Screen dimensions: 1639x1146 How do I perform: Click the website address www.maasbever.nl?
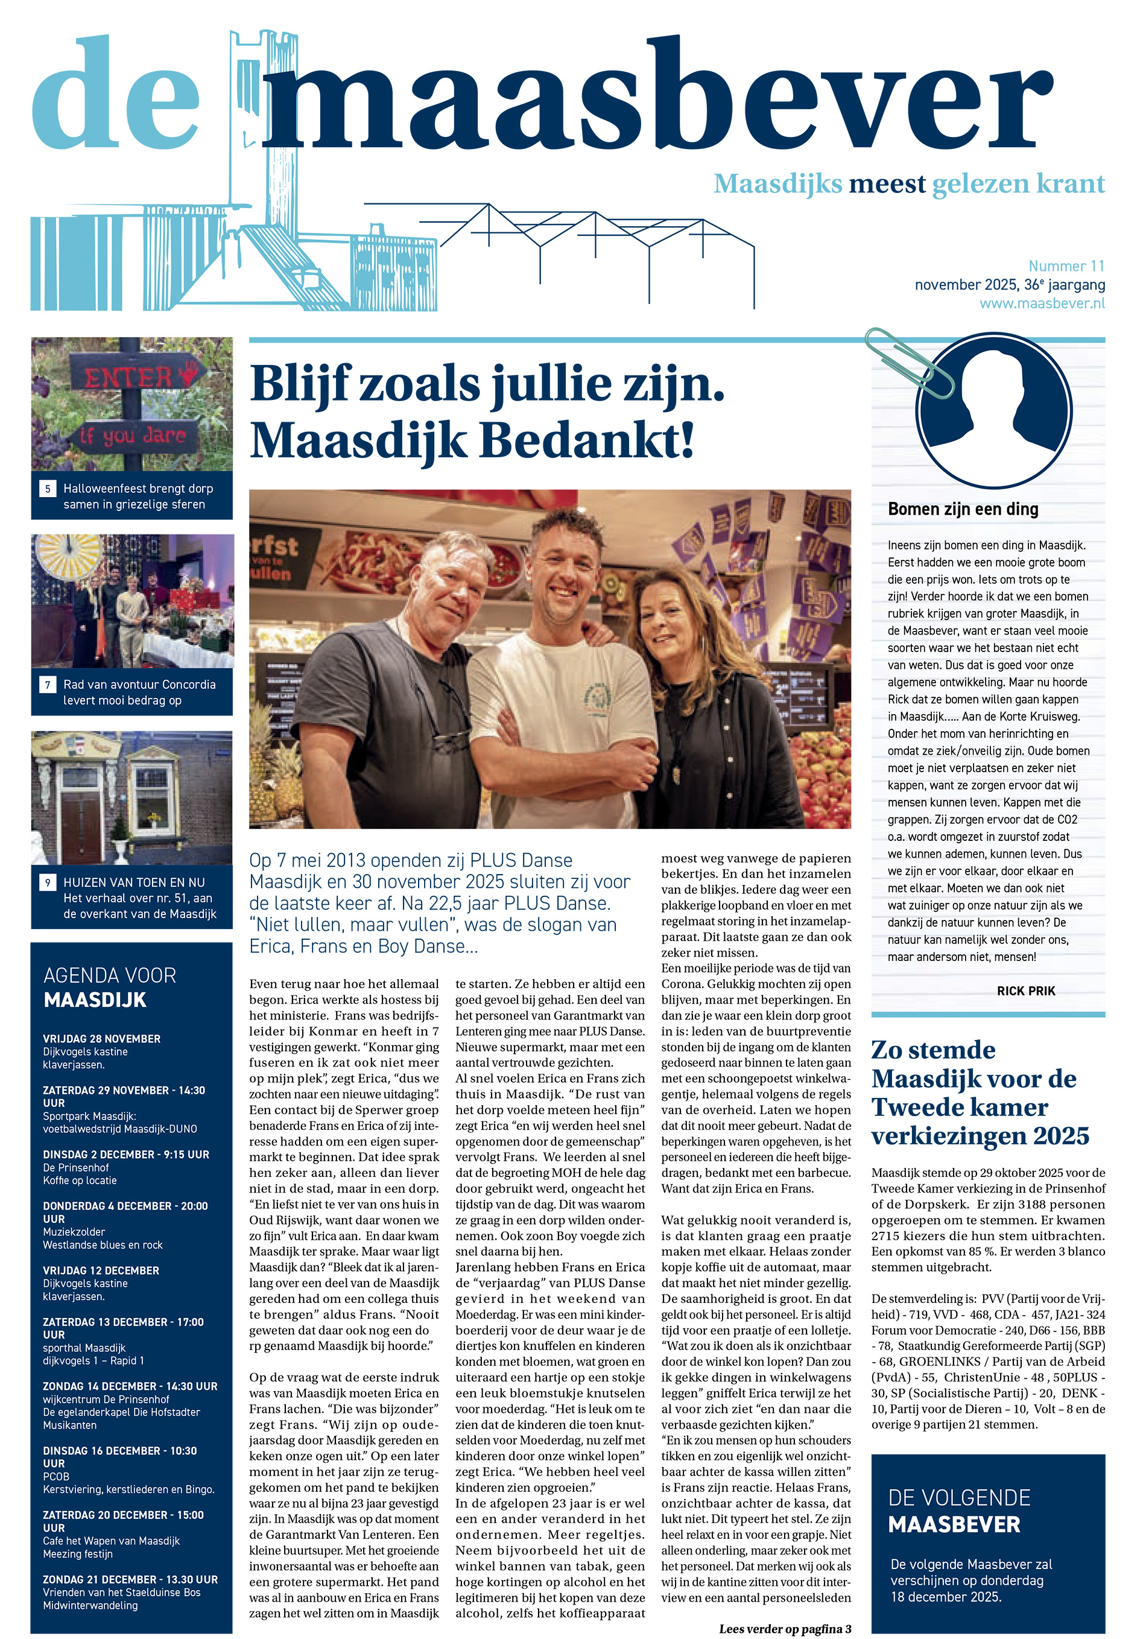[1041, 303]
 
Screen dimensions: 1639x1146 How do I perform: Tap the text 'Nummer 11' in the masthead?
[1066, 266]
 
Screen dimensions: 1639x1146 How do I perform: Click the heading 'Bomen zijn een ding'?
[963, 509]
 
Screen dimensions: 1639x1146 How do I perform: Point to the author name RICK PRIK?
[1025, 991]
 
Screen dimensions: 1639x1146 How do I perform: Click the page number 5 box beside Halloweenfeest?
[48, 489]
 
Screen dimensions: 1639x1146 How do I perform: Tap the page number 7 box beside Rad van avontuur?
[48, 685]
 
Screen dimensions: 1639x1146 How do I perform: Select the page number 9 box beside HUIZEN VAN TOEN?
[48, 883]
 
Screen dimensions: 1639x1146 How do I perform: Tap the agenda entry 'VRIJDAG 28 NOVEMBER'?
[101, 1039]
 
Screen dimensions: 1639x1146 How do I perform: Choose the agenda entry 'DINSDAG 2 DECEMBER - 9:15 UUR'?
[125, 1154]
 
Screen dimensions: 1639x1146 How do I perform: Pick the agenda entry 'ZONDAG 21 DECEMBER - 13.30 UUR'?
[130, 1580]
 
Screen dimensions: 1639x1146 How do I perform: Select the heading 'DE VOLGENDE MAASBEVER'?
[958, 1510]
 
